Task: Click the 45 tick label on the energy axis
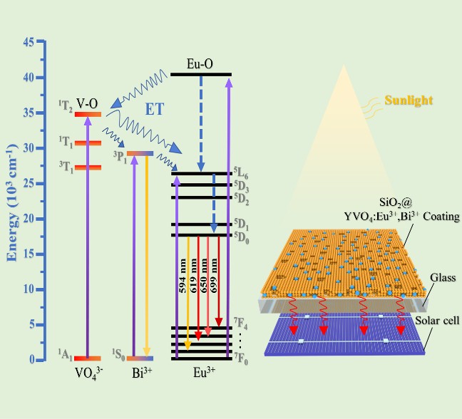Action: (x=29, y=42)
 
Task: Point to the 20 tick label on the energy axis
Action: (x=29, y=219)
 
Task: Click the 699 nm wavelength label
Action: (x=215, y=281)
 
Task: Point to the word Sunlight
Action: (x=409, y=100)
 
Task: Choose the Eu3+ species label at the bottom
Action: (x=202, y=373)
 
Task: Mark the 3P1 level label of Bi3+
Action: (x=119, y=157)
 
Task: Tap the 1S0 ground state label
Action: (x=119, y=354)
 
